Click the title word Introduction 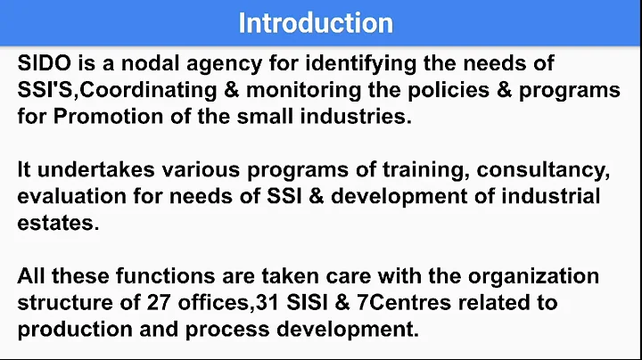point(316,23)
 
